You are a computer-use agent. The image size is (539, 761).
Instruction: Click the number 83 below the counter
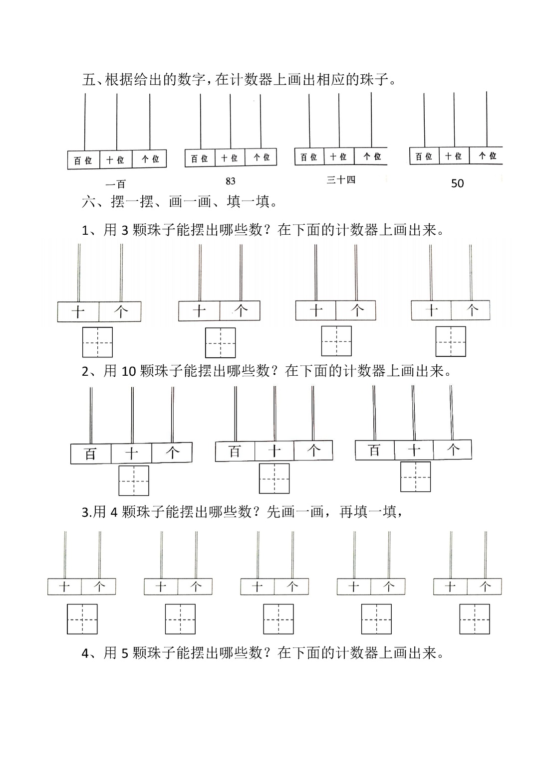231,181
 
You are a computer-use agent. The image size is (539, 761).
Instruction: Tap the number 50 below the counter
457,183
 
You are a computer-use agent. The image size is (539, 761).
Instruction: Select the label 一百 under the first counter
116,184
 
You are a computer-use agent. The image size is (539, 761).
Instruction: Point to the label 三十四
341,180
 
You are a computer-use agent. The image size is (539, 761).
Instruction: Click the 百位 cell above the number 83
200,158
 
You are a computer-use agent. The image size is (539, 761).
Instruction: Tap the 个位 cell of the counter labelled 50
486,155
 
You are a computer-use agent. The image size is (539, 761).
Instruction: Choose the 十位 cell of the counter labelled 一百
116,159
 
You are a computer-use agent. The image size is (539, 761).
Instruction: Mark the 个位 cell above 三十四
371,156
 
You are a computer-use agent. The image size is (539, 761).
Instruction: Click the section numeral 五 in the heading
88,80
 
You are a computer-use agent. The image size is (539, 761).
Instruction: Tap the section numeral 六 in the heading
88,201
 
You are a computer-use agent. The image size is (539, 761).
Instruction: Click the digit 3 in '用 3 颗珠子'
125,231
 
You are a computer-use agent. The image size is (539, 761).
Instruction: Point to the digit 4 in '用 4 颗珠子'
114,512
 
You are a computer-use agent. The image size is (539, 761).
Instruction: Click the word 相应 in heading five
331,80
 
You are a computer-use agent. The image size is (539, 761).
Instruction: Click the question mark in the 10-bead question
274,371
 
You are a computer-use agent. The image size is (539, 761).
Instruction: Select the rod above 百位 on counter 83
201,121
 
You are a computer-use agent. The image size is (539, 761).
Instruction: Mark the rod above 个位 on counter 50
487,119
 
